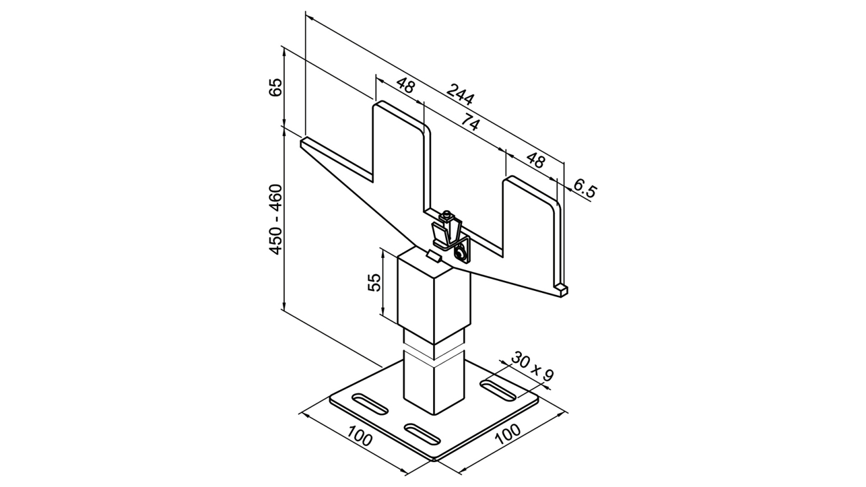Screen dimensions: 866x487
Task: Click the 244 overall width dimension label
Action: (x=460, y=94)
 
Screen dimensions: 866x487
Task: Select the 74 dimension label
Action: (x=471, y=122)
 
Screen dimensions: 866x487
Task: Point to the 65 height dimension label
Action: (x=276, y=88)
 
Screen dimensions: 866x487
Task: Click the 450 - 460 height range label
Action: (x=276, y=219)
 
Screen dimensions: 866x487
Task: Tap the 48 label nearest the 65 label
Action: (x=405, y=86)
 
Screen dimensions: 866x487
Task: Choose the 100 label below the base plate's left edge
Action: (x=360, y=436)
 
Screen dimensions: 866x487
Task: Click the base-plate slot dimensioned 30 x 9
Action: (x=498, y=391)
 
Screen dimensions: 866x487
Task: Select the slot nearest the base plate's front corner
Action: (x=423, y=434)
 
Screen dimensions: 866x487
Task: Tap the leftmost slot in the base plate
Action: (x=371, y=404)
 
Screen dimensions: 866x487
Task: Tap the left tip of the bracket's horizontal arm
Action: (x=301, y=141)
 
